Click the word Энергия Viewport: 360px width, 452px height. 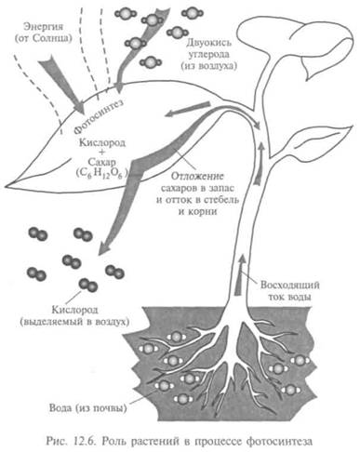pos(44,27)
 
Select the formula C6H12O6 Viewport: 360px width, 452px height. pos(102,174)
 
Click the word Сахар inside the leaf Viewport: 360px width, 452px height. pos(102,162)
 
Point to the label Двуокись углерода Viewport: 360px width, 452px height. pos(208,48)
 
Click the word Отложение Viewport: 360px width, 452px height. pos(197,177)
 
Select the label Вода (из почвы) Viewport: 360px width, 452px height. pos(88,407)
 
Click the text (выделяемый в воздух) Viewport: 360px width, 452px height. pos(74,322)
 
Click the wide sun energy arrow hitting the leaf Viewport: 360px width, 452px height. pos(62,85)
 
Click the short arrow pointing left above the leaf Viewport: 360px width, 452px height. pos(188,110)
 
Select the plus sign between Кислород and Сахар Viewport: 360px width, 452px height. pos(102,152)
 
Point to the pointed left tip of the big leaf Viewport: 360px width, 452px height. pos(6,187)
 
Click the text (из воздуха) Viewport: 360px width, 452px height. pos(208,66)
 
